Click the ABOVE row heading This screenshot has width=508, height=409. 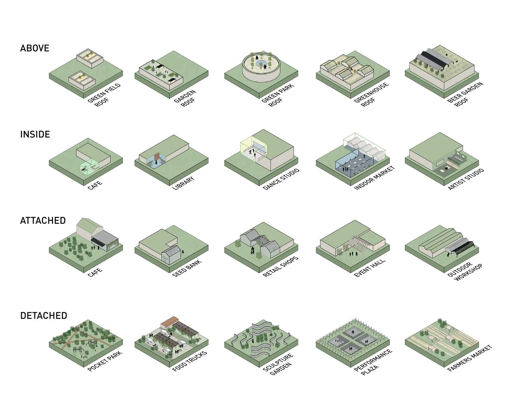[x=35, y=48]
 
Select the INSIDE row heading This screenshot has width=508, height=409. [x=35, y=134]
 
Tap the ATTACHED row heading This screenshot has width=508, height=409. [x=43, y=221]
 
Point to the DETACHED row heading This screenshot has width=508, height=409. [x=44, y=316]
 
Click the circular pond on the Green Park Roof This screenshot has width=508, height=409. [x=260, y=63]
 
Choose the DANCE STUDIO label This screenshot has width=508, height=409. [x=281, y=180]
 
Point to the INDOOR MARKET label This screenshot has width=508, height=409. [x=374, y=178]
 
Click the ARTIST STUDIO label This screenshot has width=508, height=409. [x=466, y=179]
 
